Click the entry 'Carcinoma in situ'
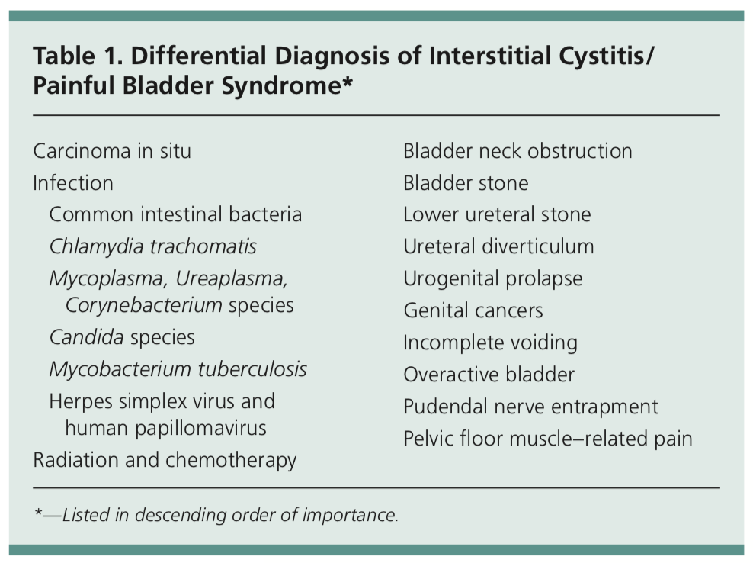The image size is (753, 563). (112, 151)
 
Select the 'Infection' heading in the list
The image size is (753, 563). (73, 183)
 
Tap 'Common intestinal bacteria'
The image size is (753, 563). (175, 214)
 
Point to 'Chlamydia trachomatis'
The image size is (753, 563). (152, 246)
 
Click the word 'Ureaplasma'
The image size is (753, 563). (231, 279)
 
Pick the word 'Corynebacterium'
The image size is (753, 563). (143, 305)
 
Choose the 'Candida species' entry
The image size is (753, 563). (122, 337)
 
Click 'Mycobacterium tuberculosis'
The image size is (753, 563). (178, 369)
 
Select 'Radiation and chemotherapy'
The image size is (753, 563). (165, 460)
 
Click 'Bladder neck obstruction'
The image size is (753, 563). (517, 151)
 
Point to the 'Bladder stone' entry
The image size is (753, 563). (466, 183)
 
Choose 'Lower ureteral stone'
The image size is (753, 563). (497, 214)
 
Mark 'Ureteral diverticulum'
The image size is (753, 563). (498, 246)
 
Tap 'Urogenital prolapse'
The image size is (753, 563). (492, 279)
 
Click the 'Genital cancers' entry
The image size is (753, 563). (473, 310)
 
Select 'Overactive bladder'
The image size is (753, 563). (489, 375)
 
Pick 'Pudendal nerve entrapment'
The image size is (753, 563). (530, 407)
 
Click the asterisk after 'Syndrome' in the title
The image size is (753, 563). (347, 80)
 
